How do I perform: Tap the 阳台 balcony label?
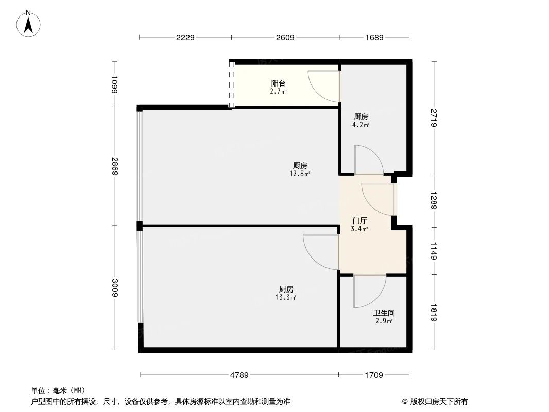pos(279,83)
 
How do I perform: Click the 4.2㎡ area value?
pos(361,125)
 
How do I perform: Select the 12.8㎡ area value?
pos(300,174)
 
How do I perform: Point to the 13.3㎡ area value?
pos(286,297)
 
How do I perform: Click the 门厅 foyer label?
pos(359,220)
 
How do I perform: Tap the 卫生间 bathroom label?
pos(384,313)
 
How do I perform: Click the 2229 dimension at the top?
pos(185,38)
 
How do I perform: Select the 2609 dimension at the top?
pos(285,38)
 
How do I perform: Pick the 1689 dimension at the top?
pos(374,38)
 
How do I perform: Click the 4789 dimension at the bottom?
pos(239,375)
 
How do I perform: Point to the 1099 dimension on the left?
pos(114,84)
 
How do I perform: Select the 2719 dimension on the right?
pos(434,117)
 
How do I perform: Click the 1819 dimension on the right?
pos(434,313)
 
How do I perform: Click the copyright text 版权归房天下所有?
pos(435,401)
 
